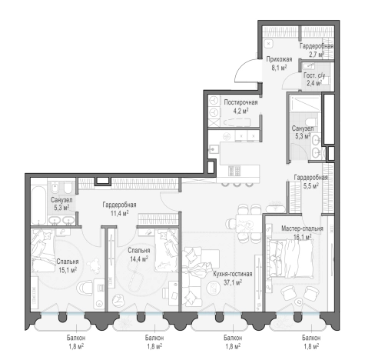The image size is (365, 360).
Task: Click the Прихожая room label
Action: (x=279, y=59)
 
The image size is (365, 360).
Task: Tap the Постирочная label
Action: (x=241, y=102)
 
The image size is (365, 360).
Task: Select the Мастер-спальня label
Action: (x=302, y=228)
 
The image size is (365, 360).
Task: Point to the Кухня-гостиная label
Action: (x=233, y=274)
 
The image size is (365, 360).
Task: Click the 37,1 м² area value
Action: (x=233, y=282)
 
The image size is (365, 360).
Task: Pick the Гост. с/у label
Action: (x=314, y=75)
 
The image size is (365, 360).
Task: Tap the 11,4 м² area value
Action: (x=119, y=213)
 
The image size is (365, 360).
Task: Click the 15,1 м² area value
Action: (x=68, y=270)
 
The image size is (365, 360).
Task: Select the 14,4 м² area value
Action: (x=139, y=259)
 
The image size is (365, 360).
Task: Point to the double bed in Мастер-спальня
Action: (x=290, y=258)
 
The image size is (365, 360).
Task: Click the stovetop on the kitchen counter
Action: (x=234, y=171)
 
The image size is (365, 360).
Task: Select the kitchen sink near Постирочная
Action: (x=214, y=149)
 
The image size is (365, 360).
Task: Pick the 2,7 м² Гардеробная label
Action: (x=317, y=50)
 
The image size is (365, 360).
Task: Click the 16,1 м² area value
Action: (x=302, y=237)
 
